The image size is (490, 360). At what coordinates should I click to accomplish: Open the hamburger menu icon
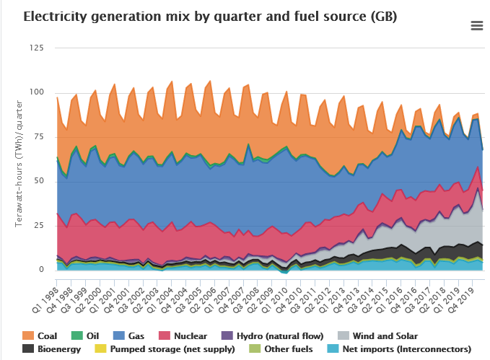pyautogui.click(x=476, y=26)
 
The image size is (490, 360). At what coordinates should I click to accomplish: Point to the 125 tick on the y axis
pyautogui.click(x=35, y=48)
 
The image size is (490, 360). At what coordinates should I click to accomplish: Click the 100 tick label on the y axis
pyautogui.click(x=35, y=92)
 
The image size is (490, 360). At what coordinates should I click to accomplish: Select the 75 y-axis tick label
pyautogui.click(x=38, y=137)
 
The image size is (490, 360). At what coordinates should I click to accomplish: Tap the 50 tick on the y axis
pyautogui.click(x=38, y=181)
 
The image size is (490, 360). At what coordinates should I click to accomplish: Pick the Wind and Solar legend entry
pyautogui.click(x=378, y=336)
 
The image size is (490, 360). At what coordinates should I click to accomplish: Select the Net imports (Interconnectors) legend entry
pyautogui.click(x=395, y=349)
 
